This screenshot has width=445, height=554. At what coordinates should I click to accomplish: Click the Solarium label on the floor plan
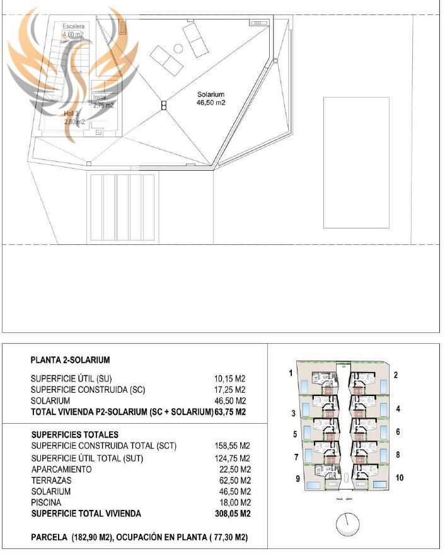pyautogui.click(x=211, y=98)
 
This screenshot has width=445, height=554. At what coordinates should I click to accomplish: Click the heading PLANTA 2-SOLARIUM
pyautogui.click(x=70, y=361)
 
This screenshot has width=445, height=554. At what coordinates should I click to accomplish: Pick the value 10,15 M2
pyautogui.click(x=229, y=379)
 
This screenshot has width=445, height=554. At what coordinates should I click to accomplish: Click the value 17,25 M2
pyautogui.click(x=229, y=390)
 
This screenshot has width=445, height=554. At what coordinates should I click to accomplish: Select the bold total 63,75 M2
pyautogui.click(x=230, y=412)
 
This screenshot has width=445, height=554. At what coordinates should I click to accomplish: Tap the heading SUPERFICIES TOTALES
pyautogui.click(x=74, y=435)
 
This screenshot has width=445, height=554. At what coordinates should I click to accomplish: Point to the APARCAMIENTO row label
pyautogui.click(x=61, y=470)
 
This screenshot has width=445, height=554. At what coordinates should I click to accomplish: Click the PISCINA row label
pyautogui.click(x=46, y=502)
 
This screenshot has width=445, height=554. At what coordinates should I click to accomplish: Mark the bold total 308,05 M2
pyautogui.click(x=233, y=514)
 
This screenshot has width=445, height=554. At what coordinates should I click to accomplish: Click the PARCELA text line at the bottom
pyautogui.click(x=144, y=538)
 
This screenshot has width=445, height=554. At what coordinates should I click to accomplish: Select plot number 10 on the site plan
pyautogui.click(x=399, y=478)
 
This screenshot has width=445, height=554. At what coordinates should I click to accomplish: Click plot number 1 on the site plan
pyautogui.click(x=291, y=373)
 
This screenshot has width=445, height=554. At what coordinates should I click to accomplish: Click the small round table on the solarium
pyautogui.click(x=178, y=48)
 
